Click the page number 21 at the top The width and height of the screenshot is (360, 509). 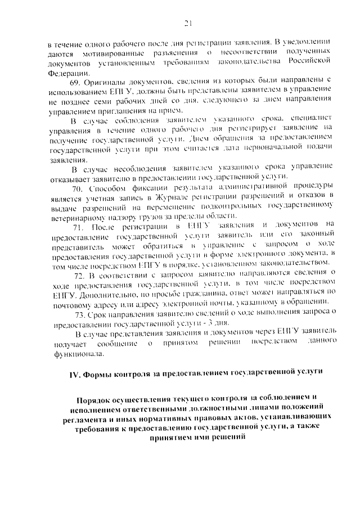click(188, 23)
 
